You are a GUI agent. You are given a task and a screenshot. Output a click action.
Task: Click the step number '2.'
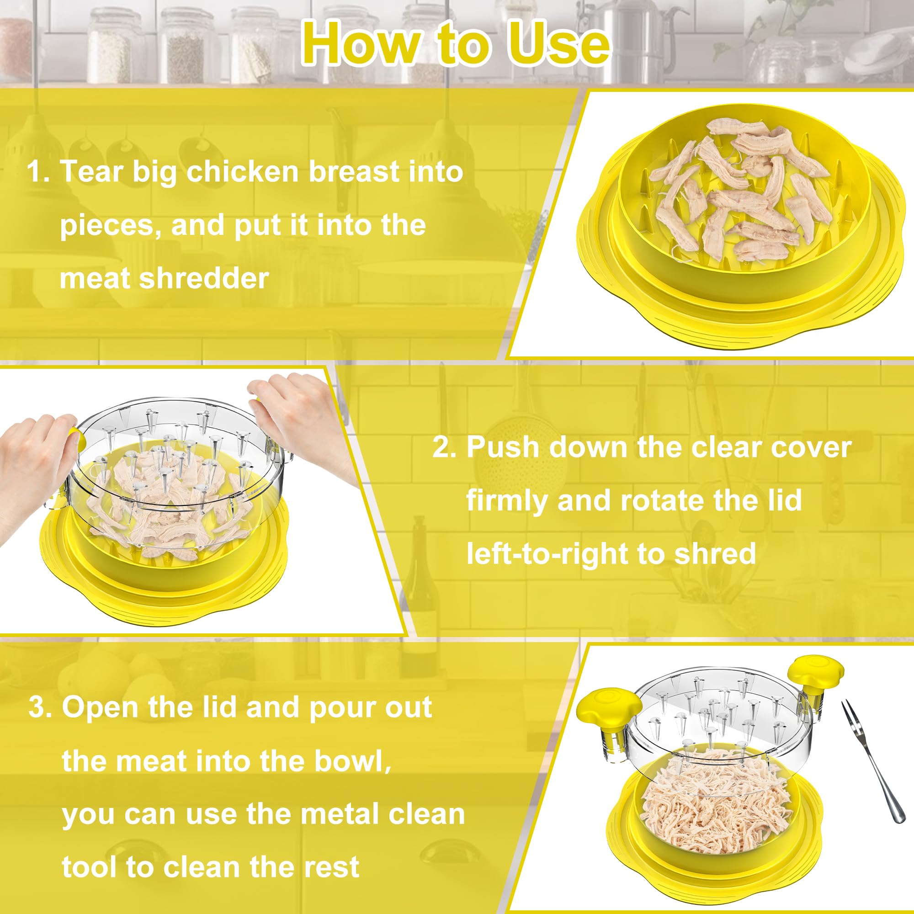click(444, 447)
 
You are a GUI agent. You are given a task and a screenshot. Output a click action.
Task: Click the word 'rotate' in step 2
click(662, 500)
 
